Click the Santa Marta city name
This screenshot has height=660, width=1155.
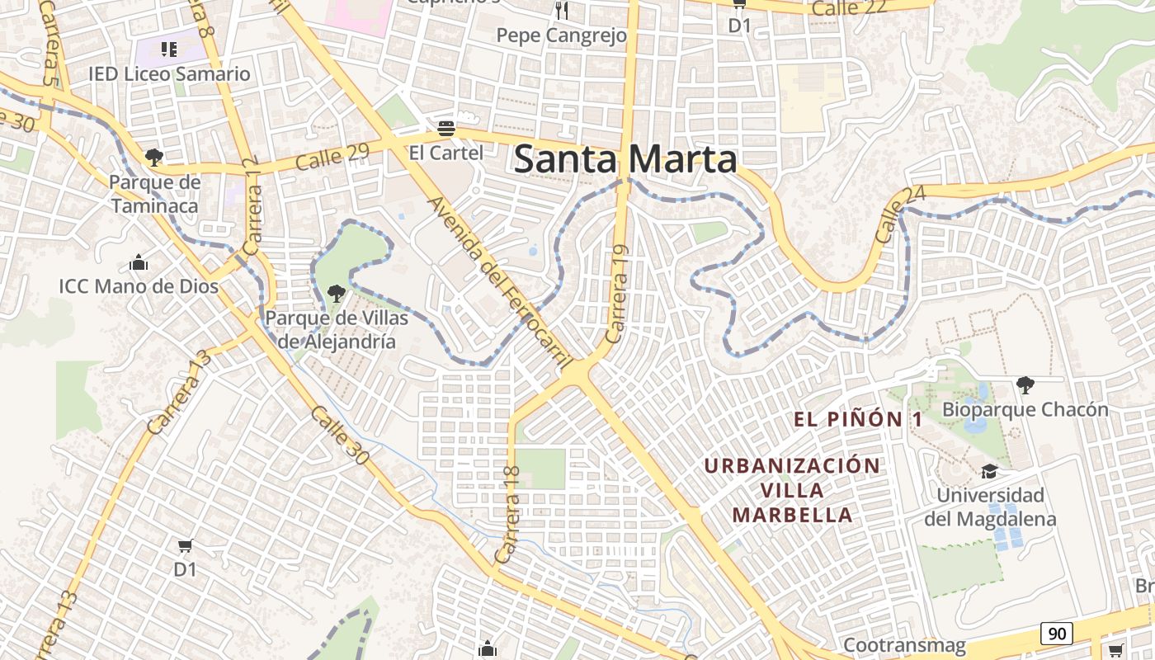625,159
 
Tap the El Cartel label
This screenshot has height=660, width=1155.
446,153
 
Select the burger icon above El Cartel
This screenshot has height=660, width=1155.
446,128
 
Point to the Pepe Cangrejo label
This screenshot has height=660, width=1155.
562,35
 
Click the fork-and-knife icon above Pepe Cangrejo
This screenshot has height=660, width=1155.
562,11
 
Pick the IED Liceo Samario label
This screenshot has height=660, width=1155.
169,73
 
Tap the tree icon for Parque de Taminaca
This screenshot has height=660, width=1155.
153,157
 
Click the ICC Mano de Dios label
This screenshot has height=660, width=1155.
139,286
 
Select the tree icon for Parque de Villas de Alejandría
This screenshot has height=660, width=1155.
336,293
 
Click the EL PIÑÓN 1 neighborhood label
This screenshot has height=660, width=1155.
858,419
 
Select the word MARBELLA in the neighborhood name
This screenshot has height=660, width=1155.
792,515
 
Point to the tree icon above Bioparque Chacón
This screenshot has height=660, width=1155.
1025,384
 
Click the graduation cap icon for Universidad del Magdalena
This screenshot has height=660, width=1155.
989,471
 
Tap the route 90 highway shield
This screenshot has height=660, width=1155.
1056,634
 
